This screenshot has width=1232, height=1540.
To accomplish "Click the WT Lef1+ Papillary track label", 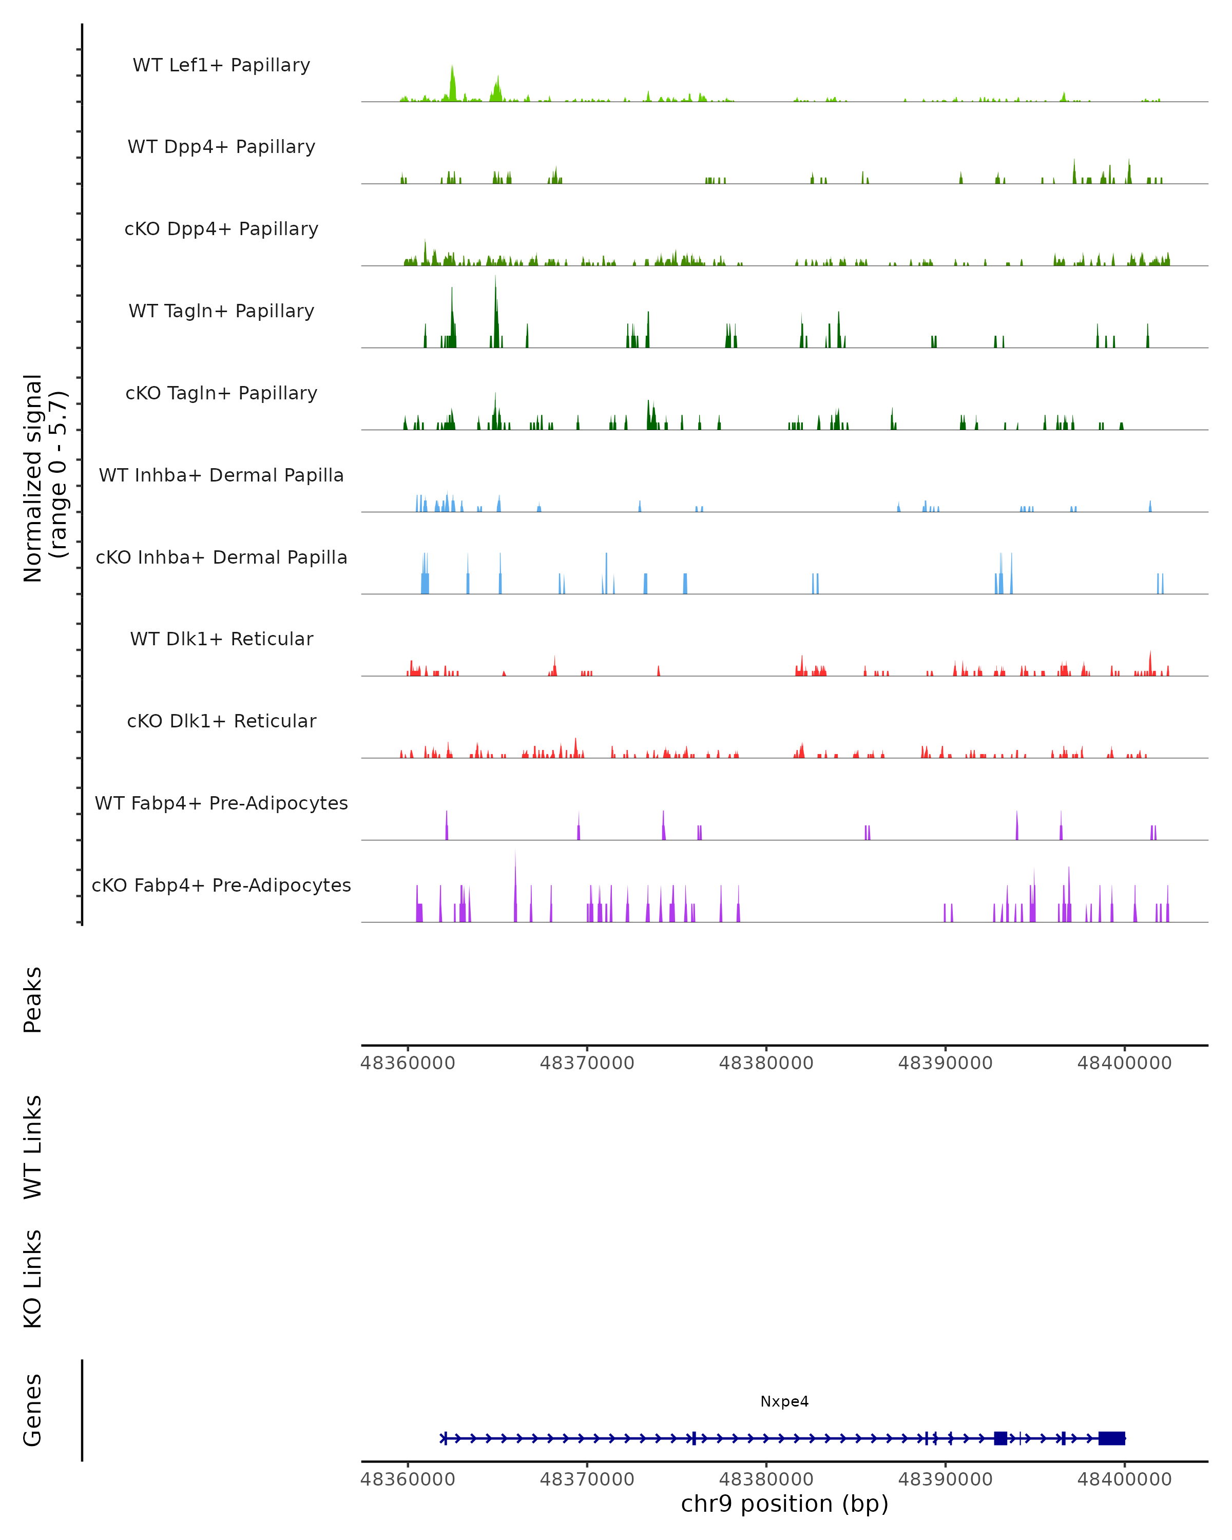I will pyautogui.click(x=221, y=65).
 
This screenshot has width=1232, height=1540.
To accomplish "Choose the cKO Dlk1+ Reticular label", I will pyautogui.click(x=221, y=721).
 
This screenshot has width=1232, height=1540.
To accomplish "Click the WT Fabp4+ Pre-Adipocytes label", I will pyautogui.click(x=221, y=803).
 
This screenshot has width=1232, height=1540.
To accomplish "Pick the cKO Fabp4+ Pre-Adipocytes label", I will pyautogui.click(x=221, y=885).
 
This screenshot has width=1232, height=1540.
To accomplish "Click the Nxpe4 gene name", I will pyautogui.click(x=784, y=1401).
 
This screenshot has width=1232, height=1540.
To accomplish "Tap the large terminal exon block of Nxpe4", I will pyautogui.click(x=1111, y=1438).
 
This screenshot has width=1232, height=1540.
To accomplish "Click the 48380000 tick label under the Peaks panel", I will pyautogui.click(x=766, y=1063).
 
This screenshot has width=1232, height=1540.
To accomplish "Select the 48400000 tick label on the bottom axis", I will pyautogui.click(x=1124, y=1479).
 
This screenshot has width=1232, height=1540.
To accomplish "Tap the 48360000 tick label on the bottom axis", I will pyautogui.click(x=408, y=1479).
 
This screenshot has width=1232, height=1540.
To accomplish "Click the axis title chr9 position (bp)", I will pyautogui.click(x=784, y=1504).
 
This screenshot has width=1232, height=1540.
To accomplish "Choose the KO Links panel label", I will pyautogui.click(x=33, y=1279).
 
